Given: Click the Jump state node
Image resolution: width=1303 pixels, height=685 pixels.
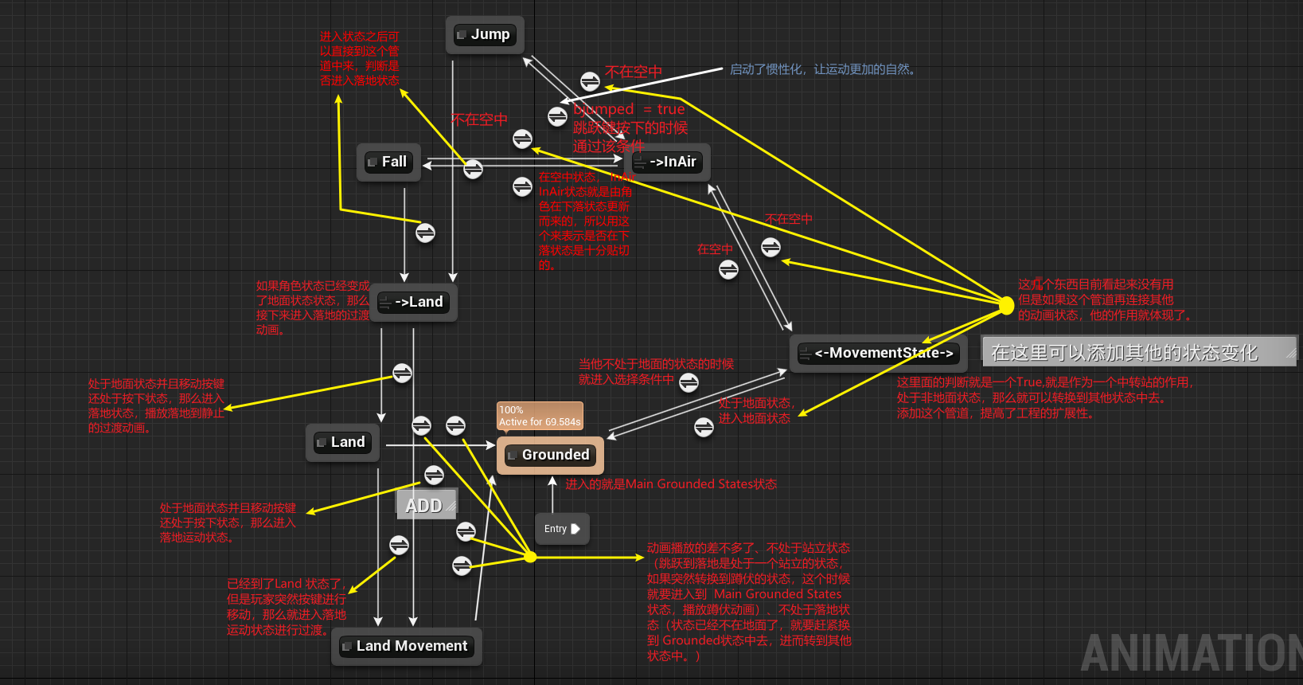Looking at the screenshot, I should (485, 35).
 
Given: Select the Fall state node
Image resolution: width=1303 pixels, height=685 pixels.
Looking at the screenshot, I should (388, 162).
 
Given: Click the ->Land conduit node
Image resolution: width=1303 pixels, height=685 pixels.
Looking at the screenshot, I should (413, 303).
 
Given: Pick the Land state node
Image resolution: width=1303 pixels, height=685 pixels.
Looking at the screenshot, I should (342, 443).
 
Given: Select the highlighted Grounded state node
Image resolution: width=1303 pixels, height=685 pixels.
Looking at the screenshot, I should (550, 456).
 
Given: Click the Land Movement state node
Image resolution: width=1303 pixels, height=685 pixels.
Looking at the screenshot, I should (406, 647).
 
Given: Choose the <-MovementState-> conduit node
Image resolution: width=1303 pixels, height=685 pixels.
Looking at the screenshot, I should (878, 354).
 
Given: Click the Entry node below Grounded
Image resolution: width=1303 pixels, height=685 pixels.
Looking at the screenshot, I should (562, 529).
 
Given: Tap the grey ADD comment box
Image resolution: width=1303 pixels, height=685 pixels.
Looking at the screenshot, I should (426, 505).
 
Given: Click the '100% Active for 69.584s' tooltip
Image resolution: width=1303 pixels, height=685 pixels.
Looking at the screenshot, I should (540, 416).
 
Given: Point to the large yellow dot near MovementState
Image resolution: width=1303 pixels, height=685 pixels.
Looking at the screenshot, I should (1006, 305).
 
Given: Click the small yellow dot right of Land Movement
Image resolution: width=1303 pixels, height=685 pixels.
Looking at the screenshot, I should (530, 557).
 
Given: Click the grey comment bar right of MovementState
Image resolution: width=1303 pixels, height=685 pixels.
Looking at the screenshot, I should (1138, 352).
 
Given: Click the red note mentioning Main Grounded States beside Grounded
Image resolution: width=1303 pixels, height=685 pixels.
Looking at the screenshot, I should (671, 484).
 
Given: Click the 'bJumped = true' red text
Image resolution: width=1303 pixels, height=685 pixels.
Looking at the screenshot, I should (629, 109).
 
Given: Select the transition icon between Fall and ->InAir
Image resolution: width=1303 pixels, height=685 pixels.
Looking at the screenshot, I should (473, 169).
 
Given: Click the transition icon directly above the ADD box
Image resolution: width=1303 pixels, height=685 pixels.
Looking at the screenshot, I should (434, 476).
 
